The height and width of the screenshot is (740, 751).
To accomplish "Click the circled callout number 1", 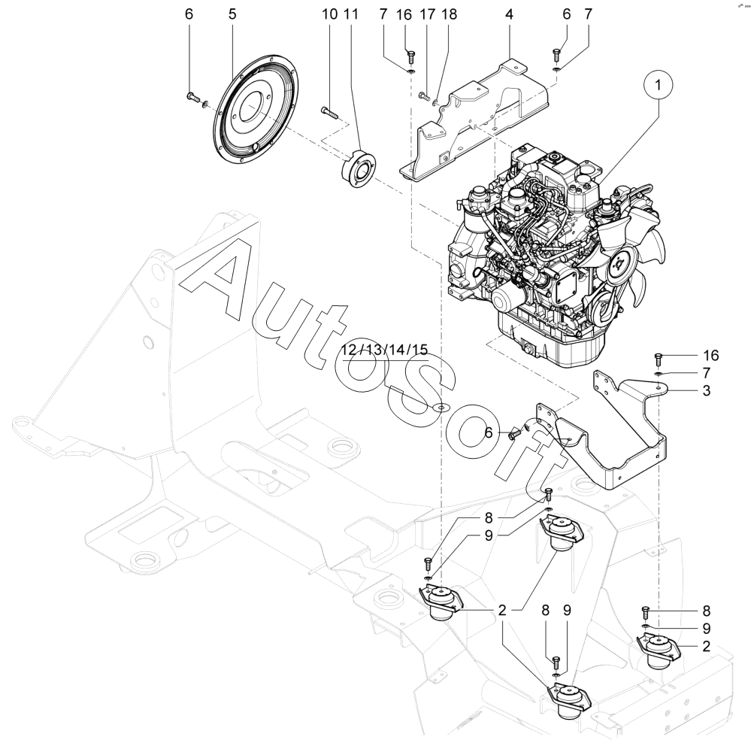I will point(661,88).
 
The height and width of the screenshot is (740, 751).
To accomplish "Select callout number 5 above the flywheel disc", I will point(232,14).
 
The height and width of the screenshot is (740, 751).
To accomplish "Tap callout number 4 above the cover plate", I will point(509,14).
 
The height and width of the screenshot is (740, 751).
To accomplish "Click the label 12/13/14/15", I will point(383,350).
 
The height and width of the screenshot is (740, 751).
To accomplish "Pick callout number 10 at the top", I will point(330,14).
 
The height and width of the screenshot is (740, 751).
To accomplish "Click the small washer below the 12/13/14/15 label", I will point(439,407).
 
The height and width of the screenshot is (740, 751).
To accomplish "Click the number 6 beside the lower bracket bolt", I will point(488,432).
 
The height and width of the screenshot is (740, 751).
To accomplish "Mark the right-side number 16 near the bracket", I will point(710,355).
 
